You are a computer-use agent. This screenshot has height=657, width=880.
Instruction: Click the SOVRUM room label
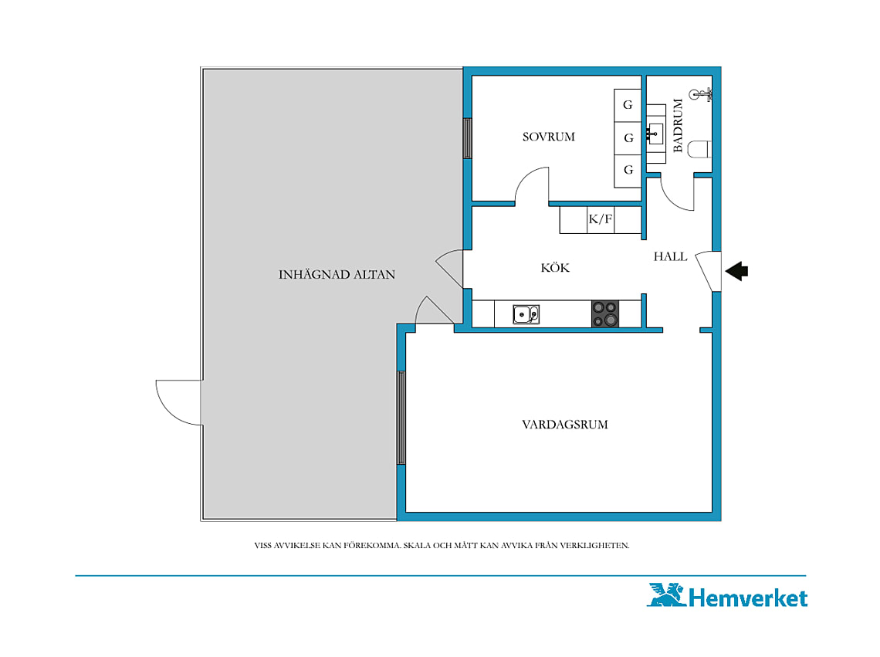(x=548, y=137)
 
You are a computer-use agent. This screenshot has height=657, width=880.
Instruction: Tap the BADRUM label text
(x=678, y=125)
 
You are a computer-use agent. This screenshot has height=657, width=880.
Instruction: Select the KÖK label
(x=555, y=267)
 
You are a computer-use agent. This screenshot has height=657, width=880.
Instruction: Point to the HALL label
(x=670, y=256)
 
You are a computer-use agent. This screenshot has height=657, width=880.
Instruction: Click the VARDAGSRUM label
(x=564, y=425)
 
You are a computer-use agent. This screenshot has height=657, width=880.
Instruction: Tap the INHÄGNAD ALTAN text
(x=337, y=274)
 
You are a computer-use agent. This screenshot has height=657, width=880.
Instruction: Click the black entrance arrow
(x=736, y=271)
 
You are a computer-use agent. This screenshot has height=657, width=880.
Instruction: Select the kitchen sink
(x=526, y=314)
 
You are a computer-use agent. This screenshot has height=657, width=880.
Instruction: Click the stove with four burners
(x=605, y=314)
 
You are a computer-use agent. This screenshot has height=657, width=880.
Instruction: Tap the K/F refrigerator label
(x=600, y=219)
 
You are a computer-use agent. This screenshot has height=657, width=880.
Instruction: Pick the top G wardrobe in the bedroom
(x=628, y=105)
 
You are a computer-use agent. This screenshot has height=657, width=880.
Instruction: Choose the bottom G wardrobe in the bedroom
(x=628, y=171)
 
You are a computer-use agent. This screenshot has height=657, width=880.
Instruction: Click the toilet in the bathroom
(x=699, y=149)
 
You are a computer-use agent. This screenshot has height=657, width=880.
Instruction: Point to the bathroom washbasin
(x=655, y=134)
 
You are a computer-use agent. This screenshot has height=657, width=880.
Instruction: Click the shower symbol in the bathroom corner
(x=702, y=93)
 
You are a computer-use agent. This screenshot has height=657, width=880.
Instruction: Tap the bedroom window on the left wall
(x=467, y=138)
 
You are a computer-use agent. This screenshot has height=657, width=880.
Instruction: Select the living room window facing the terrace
(x=401, y=418)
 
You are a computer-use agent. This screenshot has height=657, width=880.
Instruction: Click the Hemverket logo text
(x=747, y=598)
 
